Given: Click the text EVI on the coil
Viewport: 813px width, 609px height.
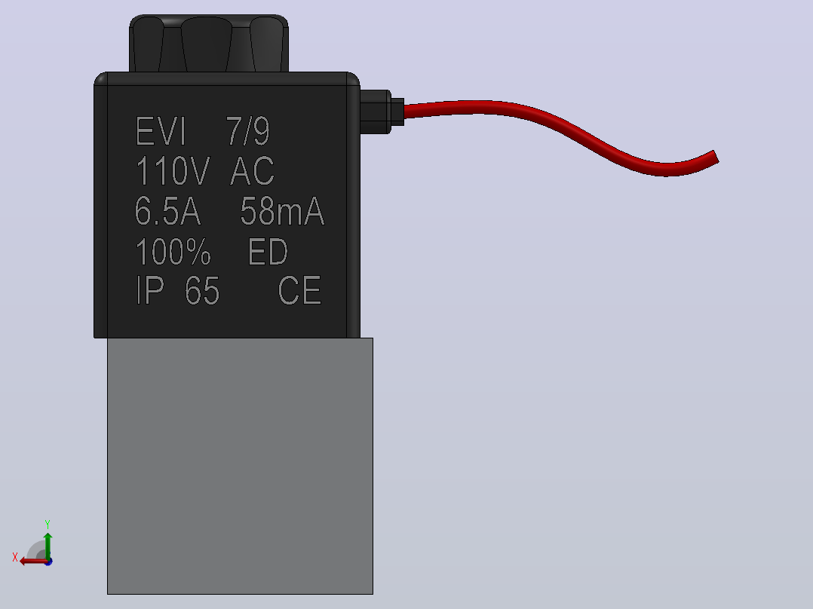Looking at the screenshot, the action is pos(160,131).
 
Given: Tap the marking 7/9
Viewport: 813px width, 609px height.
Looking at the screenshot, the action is pos(248,131).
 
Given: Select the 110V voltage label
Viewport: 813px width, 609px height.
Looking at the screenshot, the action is pos(172,170).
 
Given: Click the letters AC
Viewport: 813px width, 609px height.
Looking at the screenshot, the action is pos(252,170).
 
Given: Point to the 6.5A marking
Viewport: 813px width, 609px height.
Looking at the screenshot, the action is pos(167,211).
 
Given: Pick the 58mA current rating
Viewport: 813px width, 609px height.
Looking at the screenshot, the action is pos(283,211).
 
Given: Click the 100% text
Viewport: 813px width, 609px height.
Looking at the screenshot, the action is pos(173,252).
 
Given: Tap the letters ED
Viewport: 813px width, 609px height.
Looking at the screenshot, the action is pos(268,252).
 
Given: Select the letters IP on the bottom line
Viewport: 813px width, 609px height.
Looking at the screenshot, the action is pos(150,290).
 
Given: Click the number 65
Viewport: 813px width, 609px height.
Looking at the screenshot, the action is pos(202,291).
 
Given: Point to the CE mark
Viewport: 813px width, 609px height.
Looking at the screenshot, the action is pos(299,290).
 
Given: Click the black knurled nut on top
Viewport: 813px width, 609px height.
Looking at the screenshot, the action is pos(209,44).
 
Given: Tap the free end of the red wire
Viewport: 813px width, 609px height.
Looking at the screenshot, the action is pos(716,157).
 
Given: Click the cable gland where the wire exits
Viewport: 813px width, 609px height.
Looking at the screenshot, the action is pos(382,112).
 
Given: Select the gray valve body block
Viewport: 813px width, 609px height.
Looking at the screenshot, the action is pos(240,466).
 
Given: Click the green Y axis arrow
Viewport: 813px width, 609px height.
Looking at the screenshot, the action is pos(48,546).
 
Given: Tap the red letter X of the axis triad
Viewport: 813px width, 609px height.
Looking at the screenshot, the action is pos(15,557).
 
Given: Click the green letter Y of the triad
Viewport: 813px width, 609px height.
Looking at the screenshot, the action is pos(48,524).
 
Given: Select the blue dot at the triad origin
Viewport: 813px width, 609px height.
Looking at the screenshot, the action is pos(49,562).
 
